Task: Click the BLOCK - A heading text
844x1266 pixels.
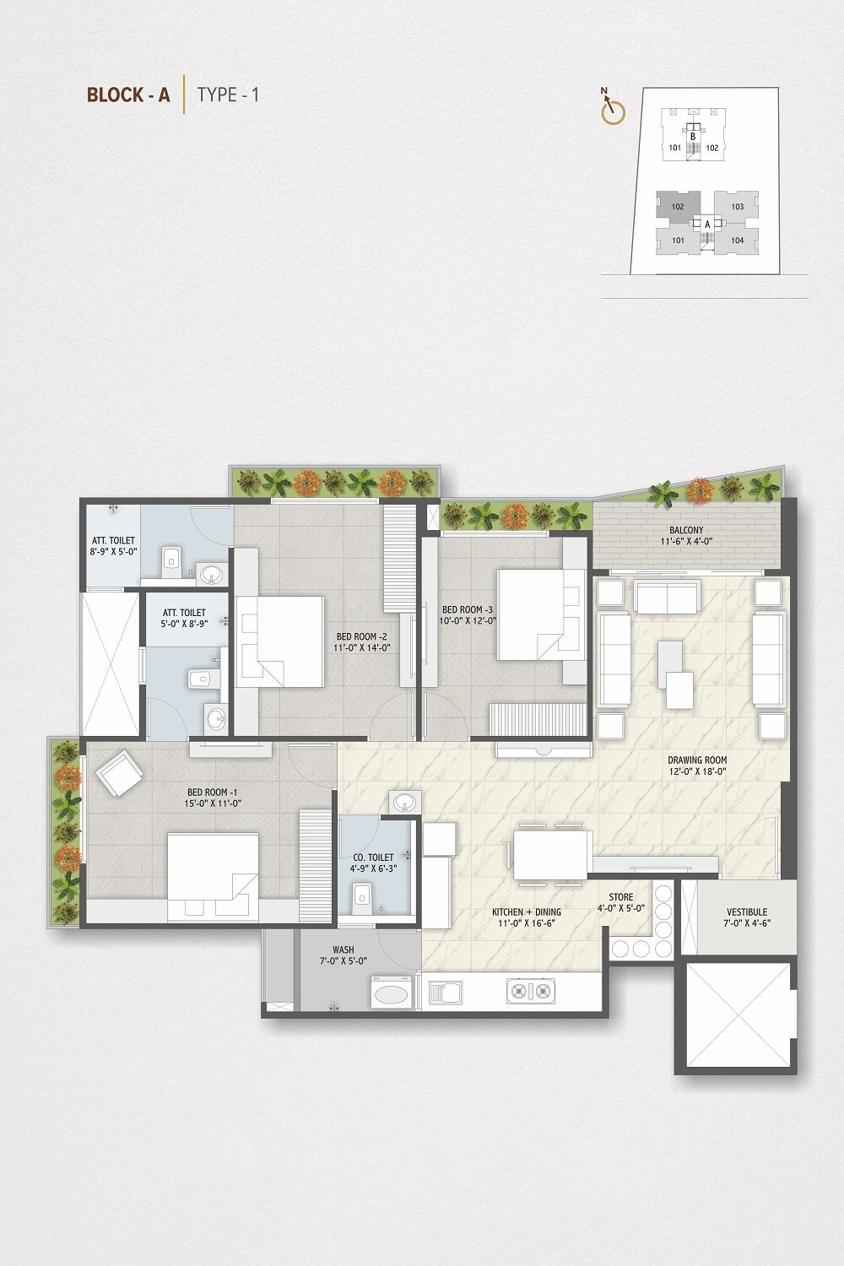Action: (128, 95)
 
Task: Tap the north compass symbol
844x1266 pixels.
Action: (613, 107)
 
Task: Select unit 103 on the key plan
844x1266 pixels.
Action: (737, 206)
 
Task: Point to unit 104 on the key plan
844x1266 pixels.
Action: (737, 241)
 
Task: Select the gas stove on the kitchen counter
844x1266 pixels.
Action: (530, 991)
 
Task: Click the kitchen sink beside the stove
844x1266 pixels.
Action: (445, 992)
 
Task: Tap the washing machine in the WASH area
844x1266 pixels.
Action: (392, 992)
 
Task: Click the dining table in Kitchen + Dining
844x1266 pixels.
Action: (549, 854)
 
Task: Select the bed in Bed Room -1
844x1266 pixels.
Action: (214, 875)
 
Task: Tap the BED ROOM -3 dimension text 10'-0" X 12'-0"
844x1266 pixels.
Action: (468, 620)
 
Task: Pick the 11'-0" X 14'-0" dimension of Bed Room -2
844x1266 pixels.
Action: (362, 647)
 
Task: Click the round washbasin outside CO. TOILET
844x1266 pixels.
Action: (405, 802)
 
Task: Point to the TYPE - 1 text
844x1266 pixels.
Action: (228, 95)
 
